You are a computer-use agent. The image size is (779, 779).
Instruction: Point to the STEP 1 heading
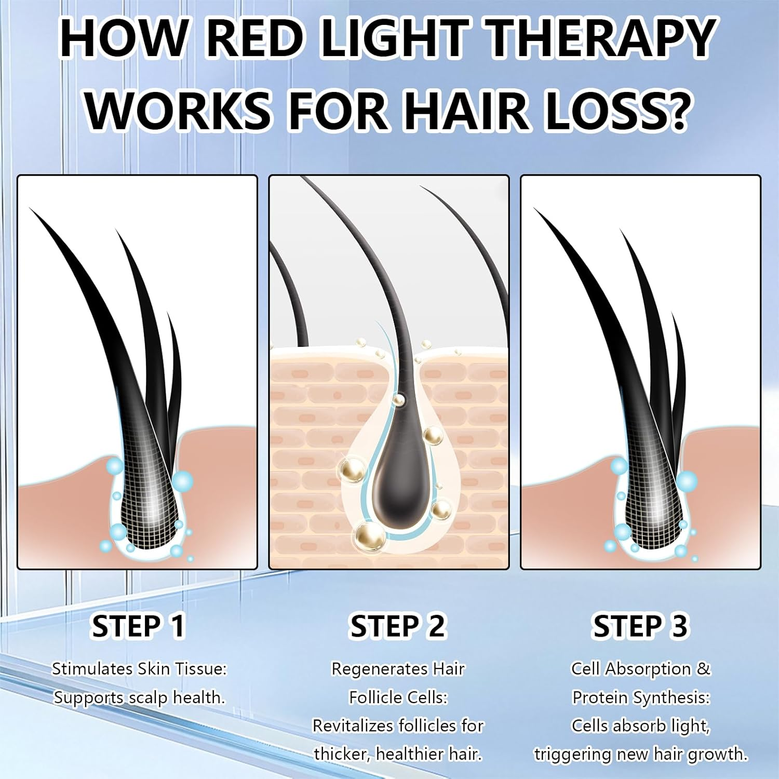click(138, 626)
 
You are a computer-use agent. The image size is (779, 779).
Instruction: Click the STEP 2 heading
click(397, 626)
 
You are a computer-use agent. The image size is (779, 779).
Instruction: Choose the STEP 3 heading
click(640, 626)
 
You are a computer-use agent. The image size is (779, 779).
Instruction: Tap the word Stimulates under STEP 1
click(92, 669)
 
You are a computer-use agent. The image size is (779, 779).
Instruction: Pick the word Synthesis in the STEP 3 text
click(673, 697)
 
